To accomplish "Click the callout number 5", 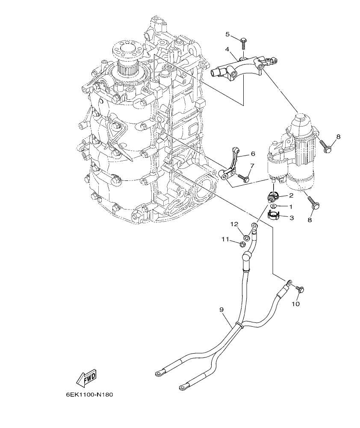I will (227, 34).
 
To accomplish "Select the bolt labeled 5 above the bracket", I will (243, 43).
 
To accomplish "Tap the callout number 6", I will (253, 153).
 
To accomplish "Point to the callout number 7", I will (252, 165).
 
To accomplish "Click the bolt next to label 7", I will (243, 178).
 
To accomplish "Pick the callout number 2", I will (291, 195).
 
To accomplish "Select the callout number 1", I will (291, 207).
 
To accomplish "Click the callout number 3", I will (291, 218).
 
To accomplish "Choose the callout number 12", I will (234, 224).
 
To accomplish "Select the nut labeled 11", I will (242, 245).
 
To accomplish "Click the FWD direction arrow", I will (86, 378).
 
